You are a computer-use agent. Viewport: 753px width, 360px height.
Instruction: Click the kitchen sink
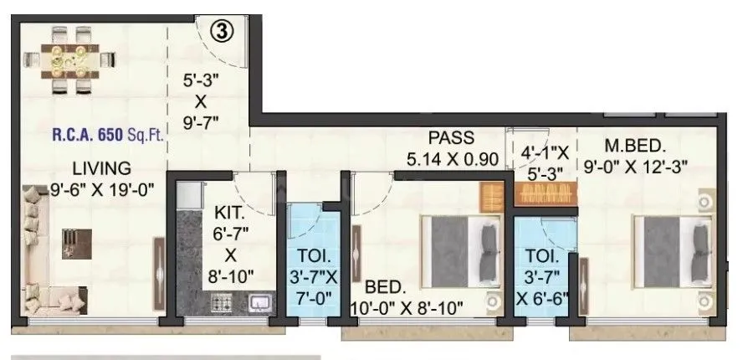click(258, 302)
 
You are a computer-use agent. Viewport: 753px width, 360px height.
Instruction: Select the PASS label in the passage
click(451, 137)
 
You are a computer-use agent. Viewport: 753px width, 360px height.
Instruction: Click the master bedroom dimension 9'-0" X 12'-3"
click(646, 167)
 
